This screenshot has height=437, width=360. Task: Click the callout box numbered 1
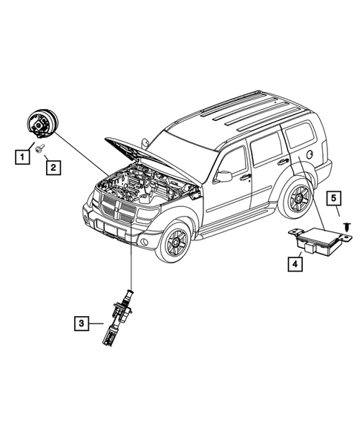[x=22, y=157]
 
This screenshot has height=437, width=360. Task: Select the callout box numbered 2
[x=53, y=168]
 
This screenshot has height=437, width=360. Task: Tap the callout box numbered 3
[x=82, y=323]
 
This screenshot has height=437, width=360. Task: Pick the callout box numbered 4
[x=295, y=264]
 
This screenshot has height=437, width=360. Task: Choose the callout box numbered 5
[x=334, y=198]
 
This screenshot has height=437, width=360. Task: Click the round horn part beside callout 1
[x=42, y=123]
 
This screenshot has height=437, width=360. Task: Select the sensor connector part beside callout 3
[x=118, y=318]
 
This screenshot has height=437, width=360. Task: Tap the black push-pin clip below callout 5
[x=347, y=227]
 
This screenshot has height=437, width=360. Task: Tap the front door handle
[x=245, y=177]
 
